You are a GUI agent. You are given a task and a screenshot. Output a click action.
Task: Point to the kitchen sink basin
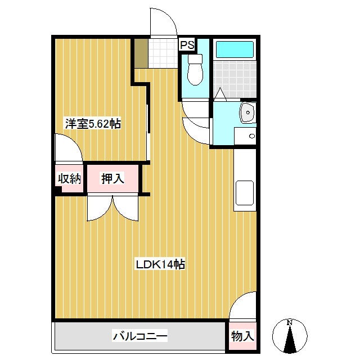(245, 193)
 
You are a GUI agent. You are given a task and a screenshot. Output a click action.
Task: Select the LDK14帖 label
(161, 264)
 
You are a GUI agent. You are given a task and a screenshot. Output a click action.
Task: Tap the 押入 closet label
(112, 179)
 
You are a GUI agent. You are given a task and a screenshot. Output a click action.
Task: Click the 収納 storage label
(69, 179)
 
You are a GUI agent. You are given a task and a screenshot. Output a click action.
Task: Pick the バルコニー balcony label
(140, 337)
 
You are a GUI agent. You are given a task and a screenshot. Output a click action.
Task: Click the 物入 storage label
(242, 337)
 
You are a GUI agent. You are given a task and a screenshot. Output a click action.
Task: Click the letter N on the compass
(290, 323)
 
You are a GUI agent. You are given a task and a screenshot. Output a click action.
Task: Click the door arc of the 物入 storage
(243, 308)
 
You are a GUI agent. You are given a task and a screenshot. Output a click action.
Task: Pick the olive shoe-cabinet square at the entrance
(141, 52)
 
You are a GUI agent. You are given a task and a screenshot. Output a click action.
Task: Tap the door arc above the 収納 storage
(69, 148)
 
